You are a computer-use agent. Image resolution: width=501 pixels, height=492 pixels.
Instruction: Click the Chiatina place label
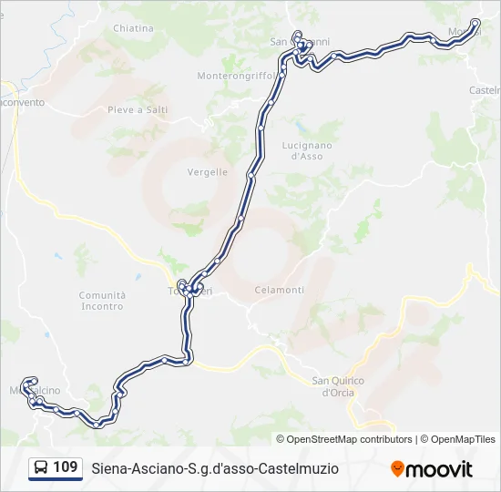[133, 28]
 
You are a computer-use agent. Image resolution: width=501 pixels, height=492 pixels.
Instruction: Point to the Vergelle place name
[208, 172]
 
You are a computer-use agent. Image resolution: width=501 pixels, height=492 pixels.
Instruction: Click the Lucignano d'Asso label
[307, 150]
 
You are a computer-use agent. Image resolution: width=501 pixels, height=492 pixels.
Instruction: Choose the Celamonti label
[280, 290]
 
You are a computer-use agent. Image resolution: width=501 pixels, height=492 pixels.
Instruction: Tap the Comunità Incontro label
[102, 301]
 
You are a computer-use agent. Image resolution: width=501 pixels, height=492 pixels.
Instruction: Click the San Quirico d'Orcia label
[338, 386]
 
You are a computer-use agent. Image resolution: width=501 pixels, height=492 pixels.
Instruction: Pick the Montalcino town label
[36, 391]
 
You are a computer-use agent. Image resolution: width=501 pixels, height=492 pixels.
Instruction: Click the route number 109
[65, 467]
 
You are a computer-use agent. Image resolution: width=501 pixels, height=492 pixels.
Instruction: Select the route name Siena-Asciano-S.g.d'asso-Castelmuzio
[215, 468]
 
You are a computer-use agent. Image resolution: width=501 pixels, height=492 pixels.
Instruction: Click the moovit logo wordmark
[439, 469]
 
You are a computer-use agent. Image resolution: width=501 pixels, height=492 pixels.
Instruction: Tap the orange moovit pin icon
[397, 469]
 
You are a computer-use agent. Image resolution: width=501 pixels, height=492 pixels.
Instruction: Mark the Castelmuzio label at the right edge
[485, 90]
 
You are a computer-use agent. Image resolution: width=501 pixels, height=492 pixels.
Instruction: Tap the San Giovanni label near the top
[300, 41]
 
